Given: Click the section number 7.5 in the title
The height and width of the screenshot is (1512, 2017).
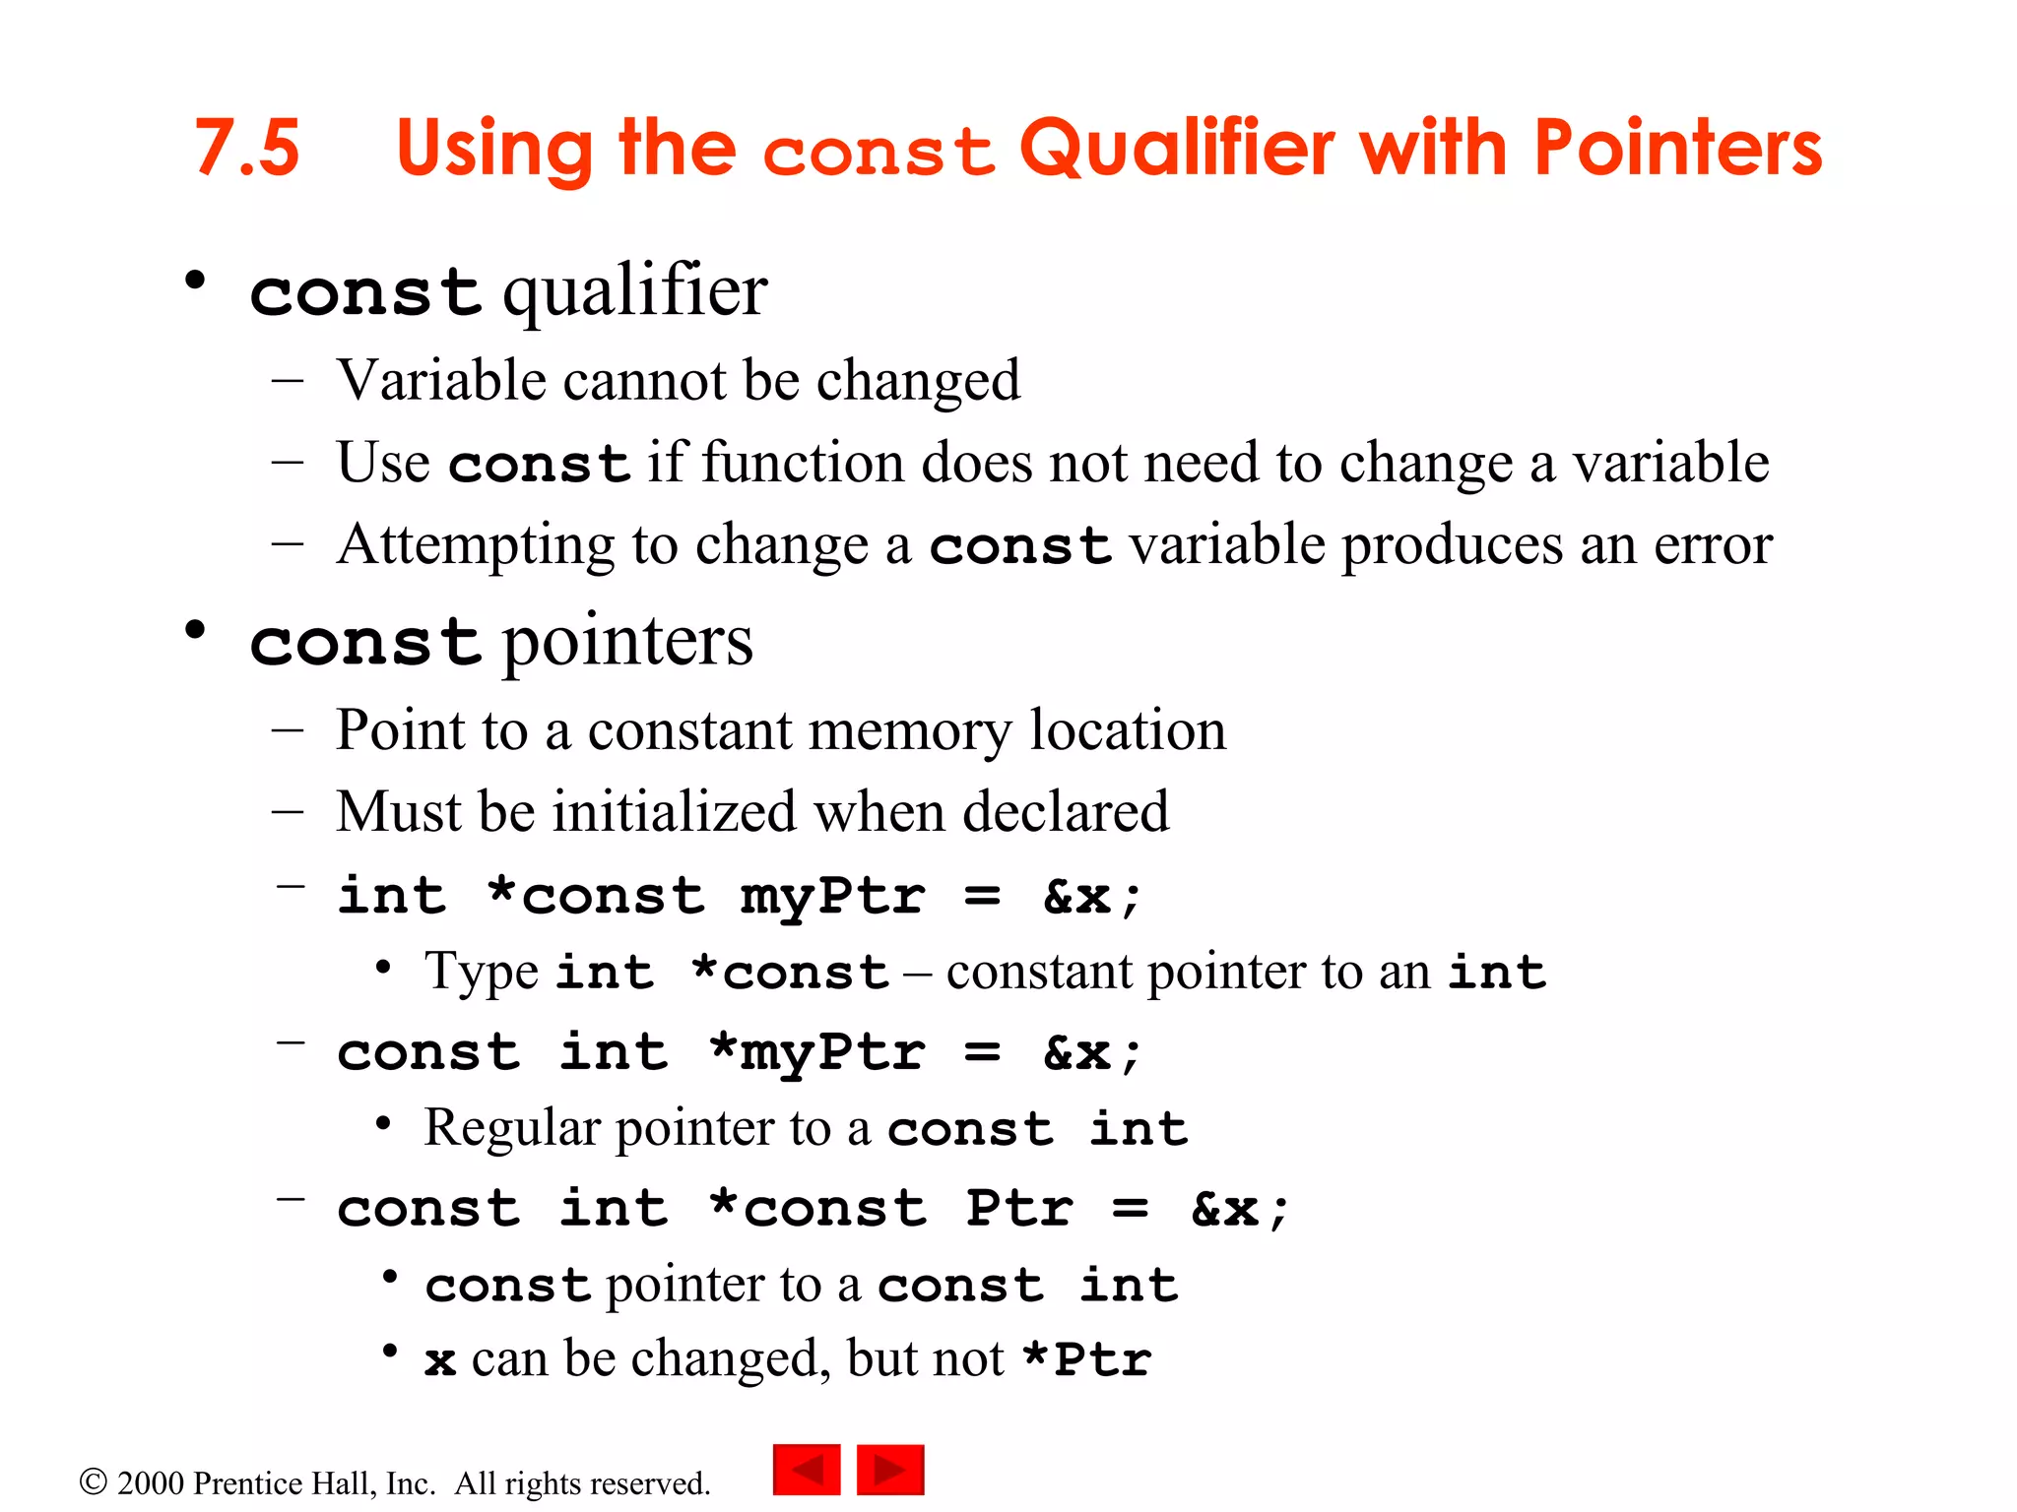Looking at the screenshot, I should tap(247, 148).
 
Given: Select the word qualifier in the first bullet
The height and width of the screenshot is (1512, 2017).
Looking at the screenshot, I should tap(635, 292).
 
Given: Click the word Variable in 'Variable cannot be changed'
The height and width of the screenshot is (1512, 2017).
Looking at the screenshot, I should tap(440, 380).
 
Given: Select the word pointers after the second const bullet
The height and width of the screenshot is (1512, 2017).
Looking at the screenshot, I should tap(627, 642).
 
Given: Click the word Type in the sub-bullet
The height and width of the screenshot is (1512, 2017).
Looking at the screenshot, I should tap(482, 973).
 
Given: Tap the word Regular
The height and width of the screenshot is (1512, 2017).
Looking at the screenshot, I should tap(511, 1128).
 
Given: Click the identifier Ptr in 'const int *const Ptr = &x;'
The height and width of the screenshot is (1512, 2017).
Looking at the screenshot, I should tap(1018, 1208).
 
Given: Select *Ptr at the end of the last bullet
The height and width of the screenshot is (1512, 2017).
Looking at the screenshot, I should tap(1087, 1359).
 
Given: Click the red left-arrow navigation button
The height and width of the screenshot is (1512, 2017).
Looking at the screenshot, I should tap(807, 1470).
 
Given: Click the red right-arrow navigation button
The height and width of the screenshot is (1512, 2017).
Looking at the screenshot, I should tap(890, 1470).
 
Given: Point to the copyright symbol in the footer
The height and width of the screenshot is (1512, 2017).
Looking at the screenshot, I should tap(93, 1481).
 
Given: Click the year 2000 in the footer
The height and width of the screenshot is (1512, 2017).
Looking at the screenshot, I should tap(151, 1483).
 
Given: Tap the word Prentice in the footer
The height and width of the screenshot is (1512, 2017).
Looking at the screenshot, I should tap(247, 1483).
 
